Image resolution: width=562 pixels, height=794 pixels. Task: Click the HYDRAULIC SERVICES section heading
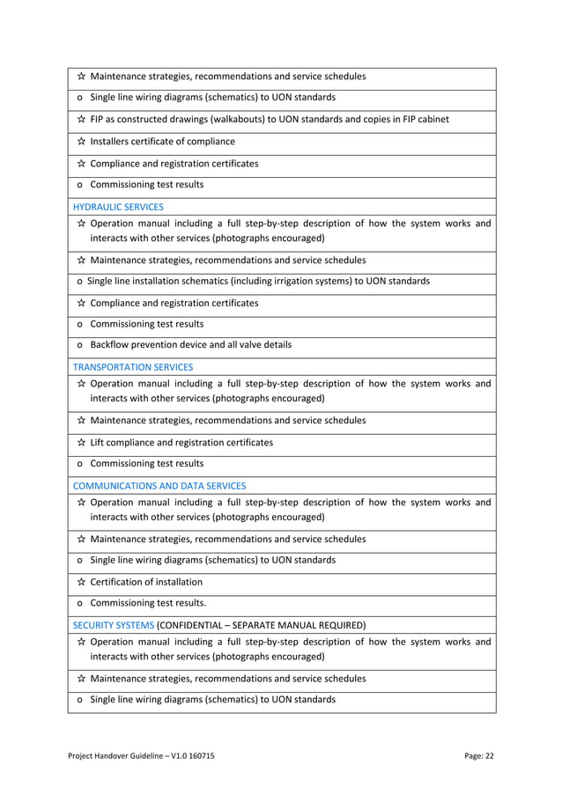pyautogui.click(x=117, y=207)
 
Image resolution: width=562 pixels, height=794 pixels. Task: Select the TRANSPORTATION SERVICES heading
pyautogui.click(x=132, y=366)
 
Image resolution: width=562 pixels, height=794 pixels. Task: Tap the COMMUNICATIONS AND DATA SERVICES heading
pyautogui.click(x=159, y=485)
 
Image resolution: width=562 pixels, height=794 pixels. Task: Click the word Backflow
pyautogui.click(x=110, y=344)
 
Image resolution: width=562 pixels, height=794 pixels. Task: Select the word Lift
pyautogui.click(x=98, y=442)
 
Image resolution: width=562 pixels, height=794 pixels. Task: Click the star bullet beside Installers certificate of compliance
pyautogui.click(x=80, y=141)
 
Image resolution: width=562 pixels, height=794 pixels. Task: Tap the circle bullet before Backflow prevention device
pyautogui.click(x=80, y=345)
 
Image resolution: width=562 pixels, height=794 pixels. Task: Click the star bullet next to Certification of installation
pyautogui.click(x=80, y=581)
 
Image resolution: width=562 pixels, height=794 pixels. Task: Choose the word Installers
pyautogui.click(x=112, y=141)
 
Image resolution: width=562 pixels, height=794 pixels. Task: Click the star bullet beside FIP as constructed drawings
pyautogui.click(x=80, y=119)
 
